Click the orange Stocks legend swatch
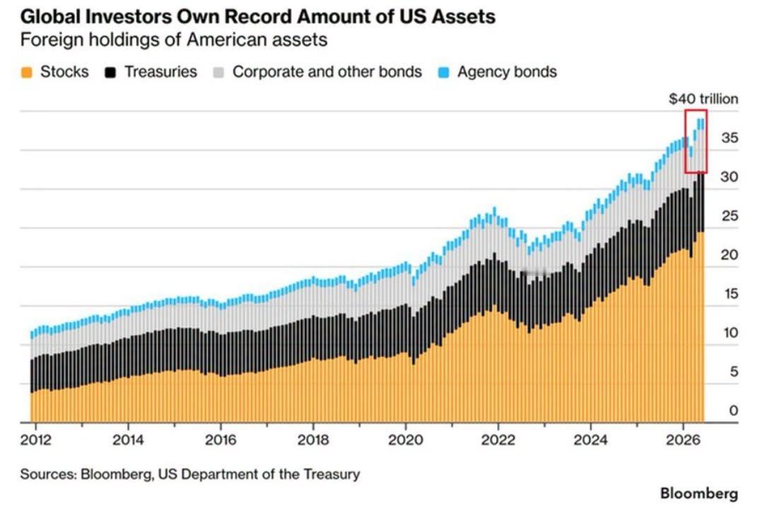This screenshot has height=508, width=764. (x=27, y=73)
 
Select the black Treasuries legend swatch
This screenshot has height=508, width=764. (x=110, y=73)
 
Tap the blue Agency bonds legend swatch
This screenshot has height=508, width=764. (x=444, y=73)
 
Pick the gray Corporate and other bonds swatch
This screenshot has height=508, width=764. (x=219, y=73)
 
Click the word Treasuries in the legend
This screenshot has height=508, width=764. (x=161, y=71)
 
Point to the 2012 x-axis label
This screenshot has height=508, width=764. (x=35, y=440)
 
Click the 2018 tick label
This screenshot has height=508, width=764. (x=313, y=440)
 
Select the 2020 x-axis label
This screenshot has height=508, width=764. (x=405, y=440)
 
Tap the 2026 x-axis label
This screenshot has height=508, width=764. (x=683, y=440)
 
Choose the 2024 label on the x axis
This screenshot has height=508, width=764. (x=591, y=440)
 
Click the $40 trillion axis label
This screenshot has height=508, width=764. (x=704, y=99)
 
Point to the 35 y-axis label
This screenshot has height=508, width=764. (x=730, y=138)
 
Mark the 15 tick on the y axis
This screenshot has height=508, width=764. (x=730, y=294)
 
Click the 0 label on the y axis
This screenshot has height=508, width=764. (x=734, y=410)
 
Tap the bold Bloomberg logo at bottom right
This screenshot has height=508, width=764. (x=699, y=493)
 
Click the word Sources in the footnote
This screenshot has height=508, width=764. (x=48, y=474)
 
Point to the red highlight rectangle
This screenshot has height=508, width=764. (x=685, y=142)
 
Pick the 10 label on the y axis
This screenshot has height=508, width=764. (x=730, y=333)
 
